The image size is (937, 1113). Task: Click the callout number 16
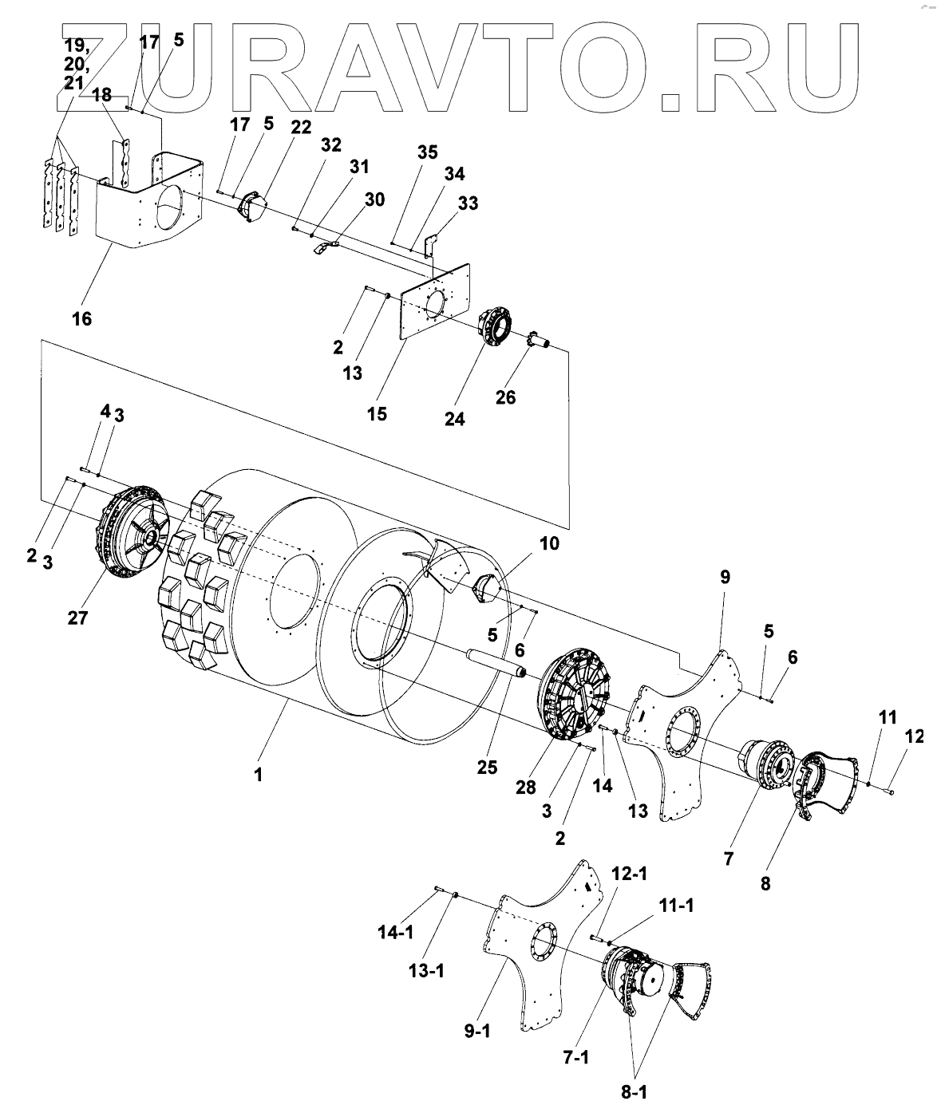click(81, 319)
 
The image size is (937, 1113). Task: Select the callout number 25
click(487, 768)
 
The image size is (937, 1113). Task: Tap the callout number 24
click(454, 419)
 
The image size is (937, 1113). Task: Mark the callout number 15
click(377, 414)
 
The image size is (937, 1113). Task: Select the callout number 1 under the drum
click(258, 774)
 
